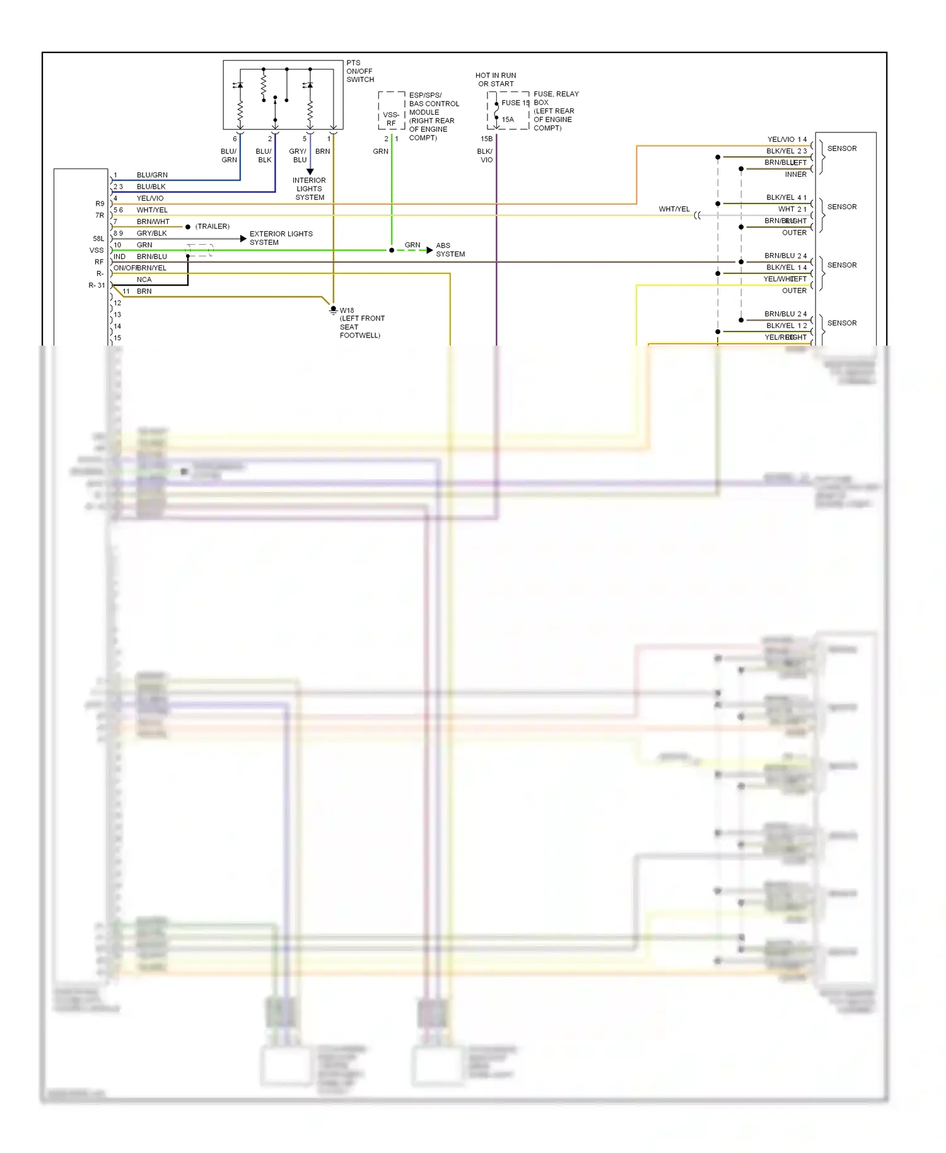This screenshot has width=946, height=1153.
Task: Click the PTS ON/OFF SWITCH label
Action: coord(359,71)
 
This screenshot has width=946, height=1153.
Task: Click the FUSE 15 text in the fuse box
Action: coord(515,103)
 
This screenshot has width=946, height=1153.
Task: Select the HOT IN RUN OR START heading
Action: coord(496,79)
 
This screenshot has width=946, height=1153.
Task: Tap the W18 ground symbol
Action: coord(333,310)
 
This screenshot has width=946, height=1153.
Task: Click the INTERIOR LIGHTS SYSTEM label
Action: coord(309,189)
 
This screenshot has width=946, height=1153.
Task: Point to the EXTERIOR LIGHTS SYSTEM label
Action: coord(281,238)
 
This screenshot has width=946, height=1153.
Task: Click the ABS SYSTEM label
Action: coord(450,250)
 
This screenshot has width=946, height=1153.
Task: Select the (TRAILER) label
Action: coord(213,226)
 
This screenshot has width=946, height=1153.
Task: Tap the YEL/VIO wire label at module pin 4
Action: coord(150,198)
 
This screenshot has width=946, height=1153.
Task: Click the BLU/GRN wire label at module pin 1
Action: coord(152,175)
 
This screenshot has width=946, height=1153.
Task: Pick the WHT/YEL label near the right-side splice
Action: coord(674,209)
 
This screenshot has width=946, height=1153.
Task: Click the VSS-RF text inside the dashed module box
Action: coord(391,119)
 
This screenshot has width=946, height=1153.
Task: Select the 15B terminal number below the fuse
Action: coord(486,139)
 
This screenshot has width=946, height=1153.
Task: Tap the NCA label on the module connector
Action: coord(144,279)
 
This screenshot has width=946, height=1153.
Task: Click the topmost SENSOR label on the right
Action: coord(842,149)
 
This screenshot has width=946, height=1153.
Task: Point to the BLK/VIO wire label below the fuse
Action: coord(485,156)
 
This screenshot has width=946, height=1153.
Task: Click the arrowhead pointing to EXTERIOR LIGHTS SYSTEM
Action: coord(243,239)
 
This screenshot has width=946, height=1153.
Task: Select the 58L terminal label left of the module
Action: coord(98,239)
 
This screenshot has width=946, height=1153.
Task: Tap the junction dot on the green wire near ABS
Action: coord(392,250)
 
